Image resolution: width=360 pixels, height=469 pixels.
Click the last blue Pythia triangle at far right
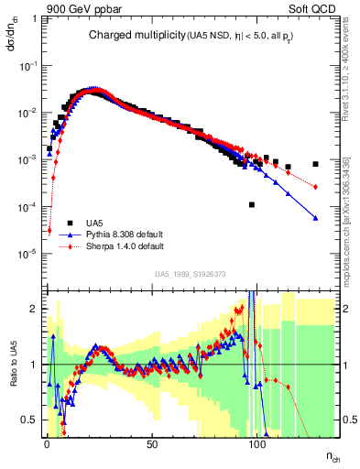coord(315,218)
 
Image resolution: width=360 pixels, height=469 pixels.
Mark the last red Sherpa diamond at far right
coord(315,187)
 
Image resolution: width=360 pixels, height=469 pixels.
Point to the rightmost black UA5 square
coord(315,165)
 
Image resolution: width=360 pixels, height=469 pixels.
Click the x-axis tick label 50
coord(152,444)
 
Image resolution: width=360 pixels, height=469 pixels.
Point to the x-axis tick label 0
coord(47,444)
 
